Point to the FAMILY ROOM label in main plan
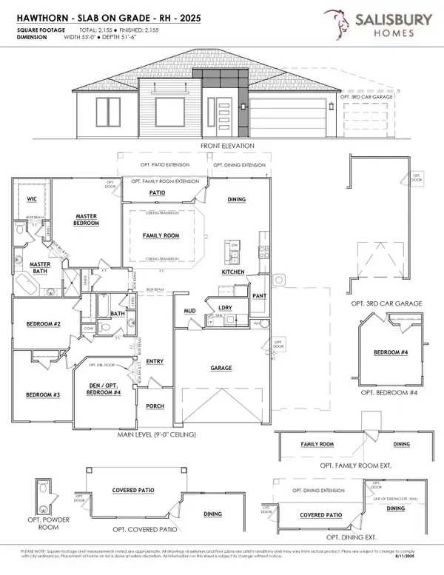point(161,235)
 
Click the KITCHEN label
point(232,272)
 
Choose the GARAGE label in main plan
point(221,368)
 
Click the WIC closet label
point(30,198)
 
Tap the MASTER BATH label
point(39,268)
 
